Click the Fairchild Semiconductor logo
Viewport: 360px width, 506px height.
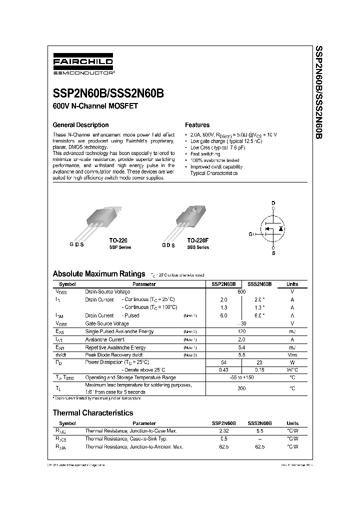[x=83, y=65]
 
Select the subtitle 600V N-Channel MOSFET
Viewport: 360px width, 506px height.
[x=95, y=106]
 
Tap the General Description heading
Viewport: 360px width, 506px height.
[x=80, y=125]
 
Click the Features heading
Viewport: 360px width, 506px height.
[x=197, y=125]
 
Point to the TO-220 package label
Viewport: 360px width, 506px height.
[x=118, y=240]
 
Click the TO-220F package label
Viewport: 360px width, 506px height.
[x=197, y=240]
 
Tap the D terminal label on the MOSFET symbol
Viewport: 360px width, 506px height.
[x=273, y=203]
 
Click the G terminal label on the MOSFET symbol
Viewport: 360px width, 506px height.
[x=250, y=234]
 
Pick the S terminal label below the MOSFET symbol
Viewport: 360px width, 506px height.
[x=273, y=254]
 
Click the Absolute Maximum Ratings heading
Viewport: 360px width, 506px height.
[x=98, y=274]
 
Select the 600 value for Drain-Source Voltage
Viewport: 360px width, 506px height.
[x=241, y=291]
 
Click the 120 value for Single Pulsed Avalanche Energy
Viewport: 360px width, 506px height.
[x=241, y=331]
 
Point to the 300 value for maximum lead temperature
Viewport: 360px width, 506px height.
[x=241, y=388]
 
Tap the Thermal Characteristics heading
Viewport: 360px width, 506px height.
[x=93, y=413]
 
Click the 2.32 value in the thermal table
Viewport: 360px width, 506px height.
[x=223, y=430]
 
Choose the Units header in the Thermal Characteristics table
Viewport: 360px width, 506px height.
[x=292, y=423]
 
